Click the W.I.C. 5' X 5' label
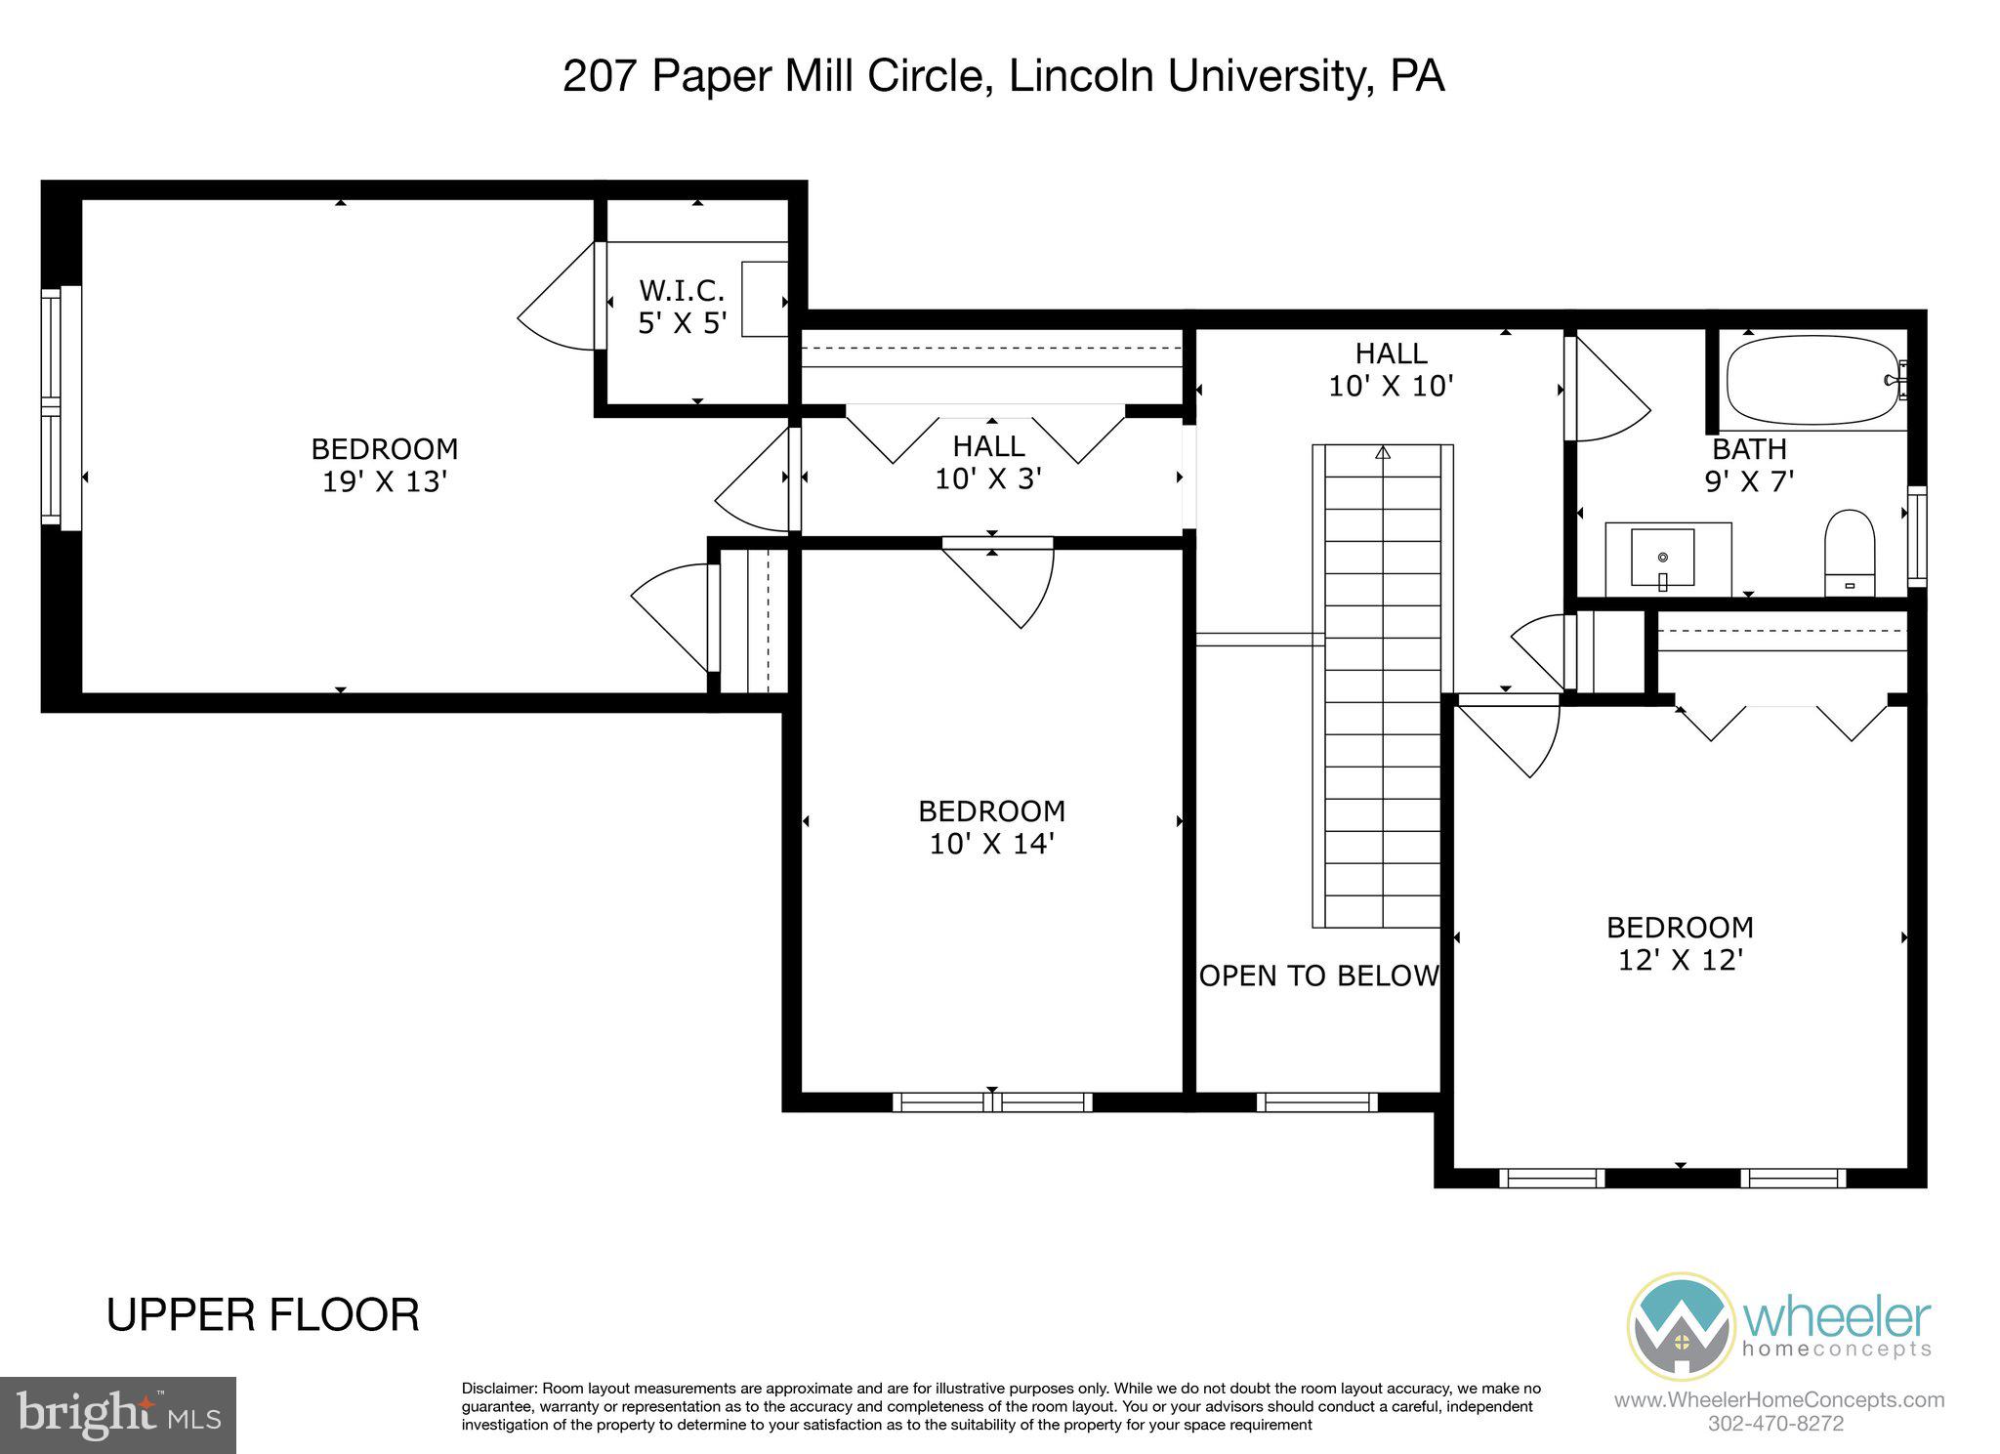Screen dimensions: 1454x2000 tap(682, 306)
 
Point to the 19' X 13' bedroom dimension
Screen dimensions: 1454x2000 tap(385, 481)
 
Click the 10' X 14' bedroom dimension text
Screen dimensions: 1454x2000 tap(991, 844)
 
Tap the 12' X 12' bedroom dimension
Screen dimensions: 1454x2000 tap(1681, 960)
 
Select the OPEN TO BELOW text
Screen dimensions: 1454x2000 tap(1318, 976)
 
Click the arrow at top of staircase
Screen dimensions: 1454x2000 tap(1383, 453)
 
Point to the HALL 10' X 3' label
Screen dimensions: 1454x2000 tap(989, 462)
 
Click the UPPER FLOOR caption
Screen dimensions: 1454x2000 tap(263, 1314)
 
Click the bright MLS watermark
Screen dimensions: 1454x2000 tap(117, 1415)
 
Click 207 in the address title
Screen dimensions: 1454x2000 tap(600, 76)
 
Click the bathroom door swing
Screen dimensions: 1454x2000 tap(1606, 391)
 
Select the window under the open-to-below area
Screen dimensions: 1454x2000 tap(1316, 1102)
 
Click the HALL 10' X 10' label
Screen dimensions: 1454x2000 tap(1391, 369)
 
